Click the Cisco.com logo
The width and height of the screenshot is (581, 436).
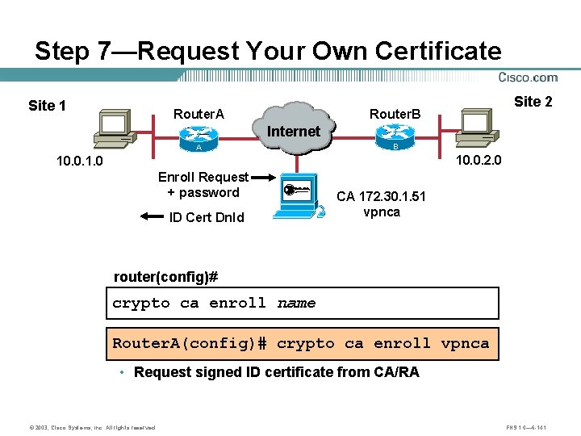tap(528, 78)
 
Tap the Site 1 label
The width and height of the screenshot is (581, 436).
tap(47, 106)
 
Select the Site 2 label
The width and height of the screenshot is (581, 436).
tap(533, 101)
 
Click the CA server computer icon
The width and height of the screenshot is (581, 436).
tap(298, 198)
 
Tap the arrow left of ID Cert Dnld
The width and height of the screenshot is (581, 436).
tap(151, 216)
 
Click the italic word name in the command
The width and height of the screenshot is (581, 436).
tap(296, 304)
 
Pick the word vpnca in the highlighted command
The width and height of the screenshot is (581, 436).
tap(465, 343)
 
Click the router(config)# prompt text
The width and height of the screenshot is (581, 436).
tap(166, 277)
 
